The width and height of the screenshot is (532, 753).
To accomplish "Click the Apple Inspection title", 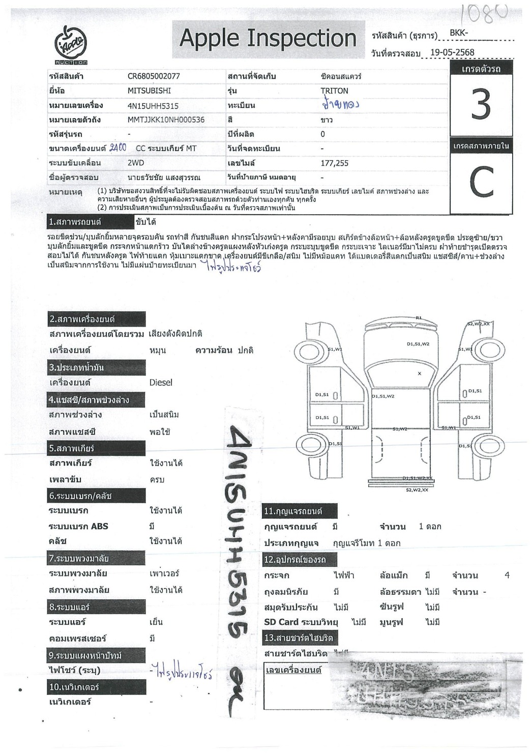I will [x=268, y=38].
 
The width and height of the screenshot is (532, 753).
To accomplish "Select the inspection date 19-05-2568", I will [x=452, y=52].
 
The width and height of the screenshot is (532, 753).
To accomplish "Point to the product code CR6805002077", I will [x=154, y=76].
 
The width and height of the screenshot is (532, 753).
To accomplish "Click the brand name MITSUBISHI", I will [x=149, y=91].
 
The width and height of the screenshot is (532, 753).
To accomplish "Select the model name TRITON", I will [x=334, y=91].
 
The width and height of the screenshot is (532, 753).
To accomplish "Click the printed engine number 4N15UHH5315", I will [x=153, y=106].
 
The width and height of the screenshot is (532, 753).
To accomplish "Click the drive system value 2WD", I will [x=135, y=163].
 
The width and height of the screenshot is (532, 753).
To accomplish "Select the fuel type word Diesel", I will [x=161, y=383].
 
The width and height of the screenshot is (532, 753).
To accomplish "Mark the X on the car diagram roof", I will [x=420, y=373].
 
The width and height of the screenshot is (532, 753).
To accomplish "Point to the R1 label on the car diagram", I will [x=419, y=318].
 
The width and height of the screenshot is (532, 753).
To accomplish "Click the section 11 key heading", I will [x=293, y=511].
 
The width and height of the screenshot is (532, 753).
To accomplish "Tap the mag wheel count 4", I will [x=507, y=575].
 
